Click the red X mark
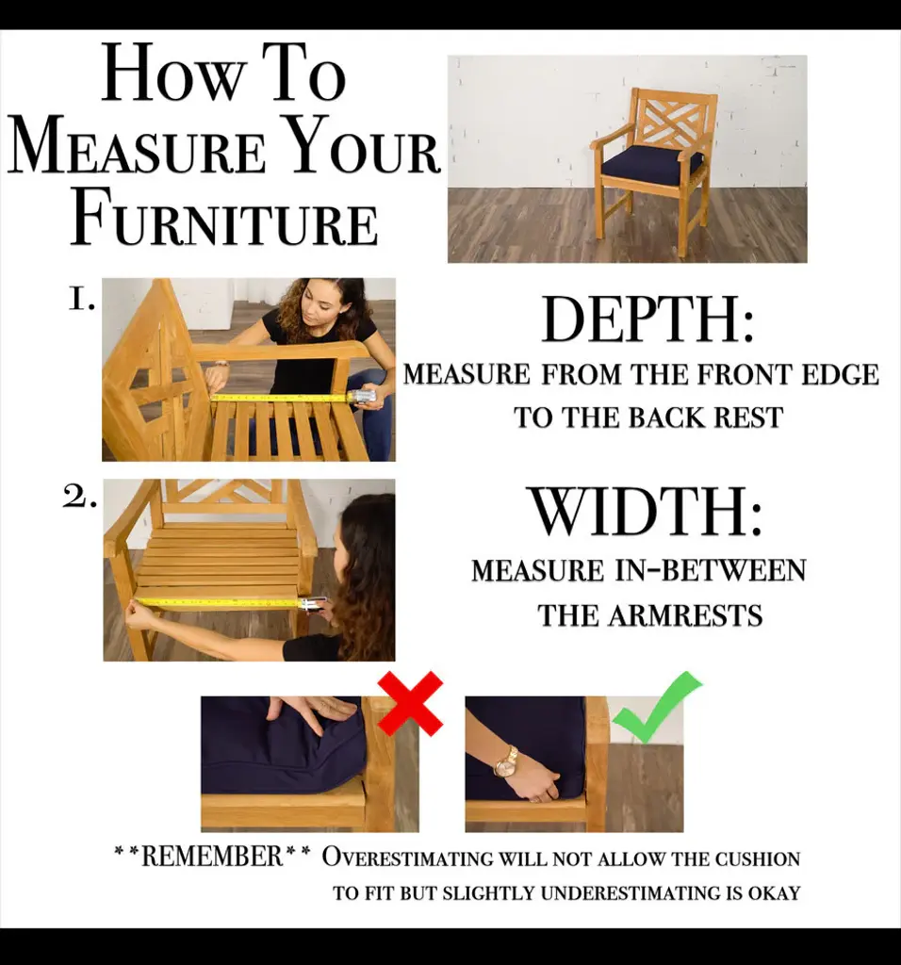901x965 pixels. (x=411, y=703)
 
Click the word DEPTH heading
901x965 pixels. (x=648, y=319)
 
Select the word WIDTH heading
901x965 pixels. (x=647, y=512)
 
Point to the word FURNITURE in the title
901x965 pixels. (x=224, y=219)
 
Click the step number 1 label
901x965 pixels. (x=81, y=300)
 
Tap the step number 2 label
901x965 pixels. (x=79, y=498)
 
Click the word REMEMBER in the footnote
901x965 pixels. (x=212, y=856)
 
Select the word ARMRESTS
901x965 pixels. (x=685, y=615)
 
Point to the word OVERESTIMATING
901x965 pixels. (x=407, y=858)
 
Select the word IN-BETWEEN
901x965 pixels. (x=711, y=570)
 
